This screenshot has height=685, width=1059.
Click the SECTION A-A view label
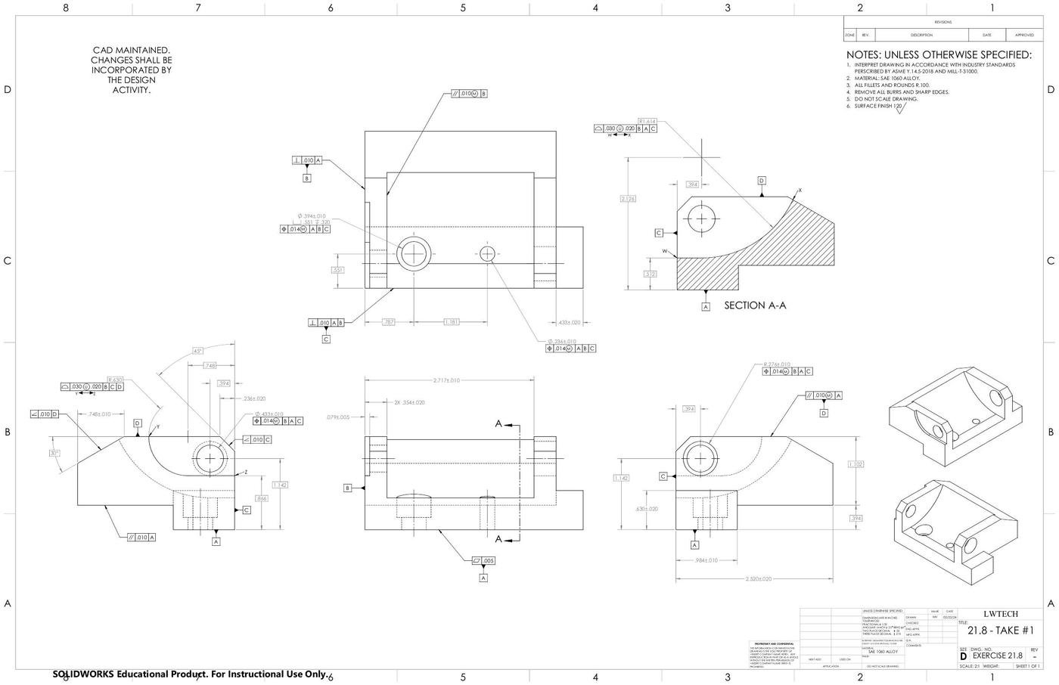point(755,305)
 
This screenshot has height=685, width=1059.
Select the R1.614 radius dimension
point(648,121)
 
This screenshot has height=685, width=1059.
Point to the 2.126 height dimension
point(628,199)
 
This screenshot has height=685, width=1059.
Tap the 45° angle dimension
point(198,351)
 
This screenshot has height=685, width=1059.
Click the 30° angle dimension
point(54,453)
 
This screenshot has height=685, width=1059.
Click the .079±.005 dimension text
point(338,417)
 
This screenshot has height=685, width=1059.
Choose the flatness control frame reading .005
point(483,561)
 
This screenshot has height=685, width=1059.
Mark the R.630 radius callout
point(115,380)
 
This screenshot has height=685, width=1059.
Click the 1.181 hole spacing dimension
point(452,322)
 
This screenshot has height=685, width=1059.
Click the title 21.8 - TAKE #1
point(1001,631)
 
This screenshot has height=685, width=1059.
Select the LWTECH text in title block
point(1001,614)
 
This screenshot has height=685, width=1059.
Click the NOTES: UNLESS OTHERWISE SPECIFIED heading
point(938,55)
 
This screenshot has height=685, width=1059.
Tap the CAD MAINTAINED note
point(132,70)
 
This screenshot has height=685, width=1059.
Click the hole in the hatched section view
point(701,219)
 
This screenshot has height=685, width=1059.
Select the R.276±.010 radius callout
point(777,364)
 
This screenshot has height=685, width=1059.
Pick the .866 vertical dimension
point(261,499)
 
